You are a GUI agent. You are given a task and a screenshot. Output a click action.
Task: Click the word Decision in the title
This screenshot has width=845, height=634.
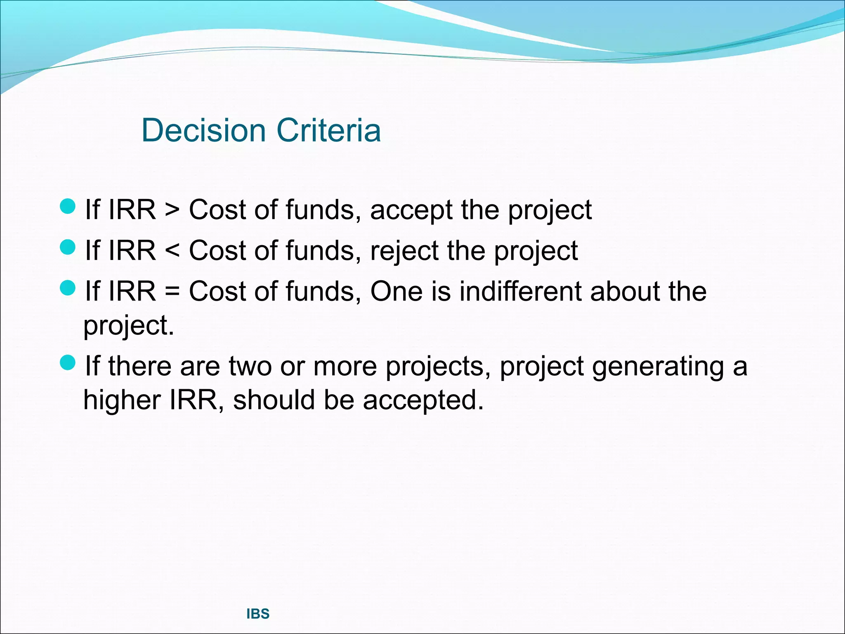203,130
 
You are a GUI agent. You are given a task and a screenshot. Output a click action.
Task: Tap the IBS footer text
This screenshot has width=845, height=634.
258,614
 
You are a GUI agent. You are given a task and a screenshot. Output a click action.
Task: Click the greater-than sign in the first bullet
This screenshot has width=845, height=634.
172,210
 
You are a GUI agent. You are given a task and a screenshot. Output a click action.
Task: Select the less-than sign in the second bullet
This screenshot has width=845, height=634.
172,251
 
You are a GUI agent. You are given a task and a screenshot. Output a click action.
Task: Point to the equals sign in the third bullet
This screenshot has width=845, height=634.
172,291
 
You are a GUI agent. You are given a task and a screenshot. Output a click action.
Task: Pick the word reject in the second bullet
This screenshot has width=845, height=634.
404,251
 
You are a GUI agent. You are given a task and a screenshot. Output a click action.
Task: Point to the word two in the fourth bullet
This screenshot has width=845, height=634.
250,366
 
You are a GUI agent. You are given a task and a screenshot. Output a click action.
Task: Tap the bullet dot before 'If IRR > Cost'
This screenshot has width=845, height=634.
68,206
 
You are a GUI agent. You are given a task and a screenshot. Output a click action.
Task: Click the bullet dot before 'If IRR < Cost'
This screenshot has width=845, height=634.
68,247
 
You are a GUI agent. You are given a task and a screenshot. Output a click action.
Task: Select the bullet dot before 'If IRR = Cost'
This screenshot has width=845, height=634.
68,287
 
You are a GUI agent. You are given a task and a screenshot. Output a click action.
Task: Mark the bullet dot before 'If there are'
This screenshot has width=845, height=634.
68,362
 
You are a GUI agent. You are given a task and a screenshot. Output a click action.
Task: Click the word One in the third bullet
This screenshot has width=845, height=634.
396,291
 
